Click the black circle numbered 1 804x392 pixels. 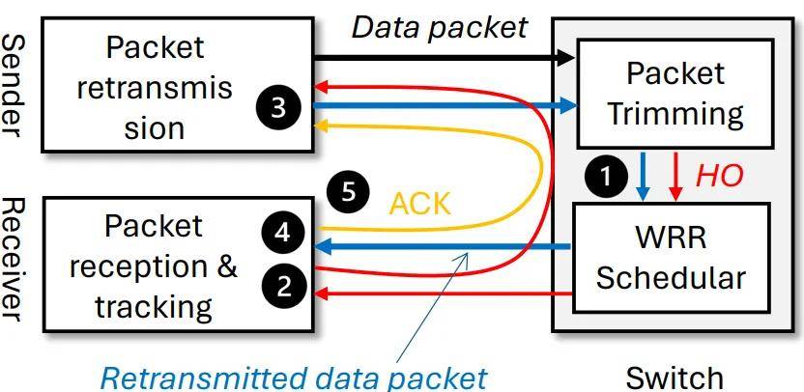point(606,177)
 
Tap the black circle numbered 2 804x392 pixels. point(283,288)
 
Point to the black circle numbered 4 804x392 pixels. point(283,233)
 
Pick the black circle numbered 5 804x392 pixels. point(348,192)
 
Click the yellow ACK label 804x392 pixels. point(420,204)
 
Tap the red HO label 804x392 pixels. point(719,176)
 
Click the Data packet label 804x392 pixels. point(440,27)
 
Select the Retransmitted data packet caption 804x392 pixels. point(294,378)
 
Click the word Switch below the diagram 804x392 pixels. point(675,378)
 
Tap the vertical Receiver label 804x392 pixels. point(13,260)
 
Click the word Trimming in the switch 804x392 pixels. point(675,114)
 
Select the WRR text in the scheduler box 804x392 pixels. point(671,238)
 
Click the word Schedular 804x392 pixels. point(671,278)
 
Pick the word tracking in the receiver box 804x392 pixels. point(154,306)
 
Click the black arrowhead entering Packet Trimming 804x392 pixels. point(567,57)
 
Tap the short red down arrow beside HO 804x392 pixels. point(676,177)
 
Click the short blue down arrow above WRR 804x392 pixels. point(643,177)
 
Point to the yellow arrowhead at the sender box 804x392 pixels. point(321,125)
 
